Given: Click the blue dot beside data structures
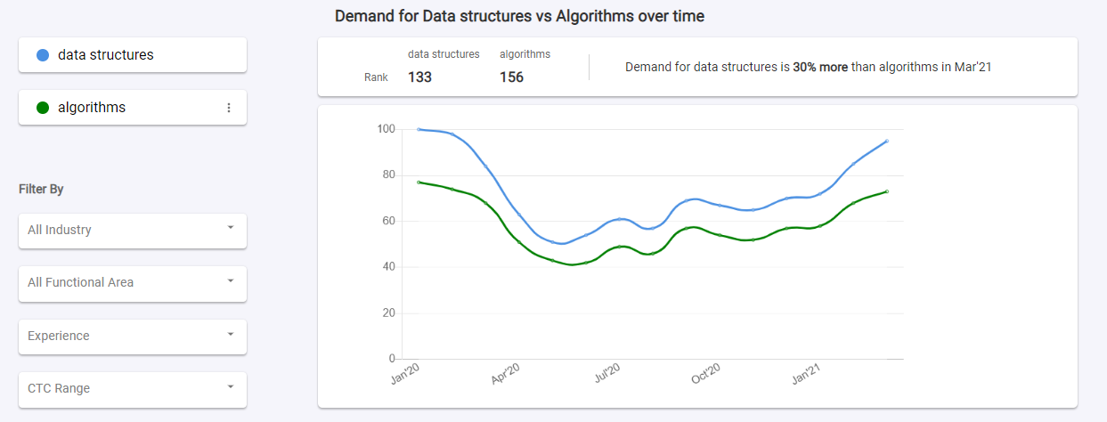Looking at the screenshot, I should tap(43, 55).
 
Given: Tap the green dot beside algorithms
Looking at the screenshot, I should tap(43, 108).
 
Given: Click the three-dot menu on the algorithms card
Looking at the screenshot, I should tap(228, 108).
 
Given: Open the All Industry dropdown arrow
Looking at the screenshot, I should tap(231, 228).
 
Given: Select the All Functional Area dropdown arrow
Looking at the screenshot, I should tap(231, 280).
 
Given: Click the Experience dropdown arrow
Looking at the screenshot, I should tap(231, 334).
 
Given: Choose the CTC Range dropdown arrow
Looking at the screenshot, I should tap(231, 386).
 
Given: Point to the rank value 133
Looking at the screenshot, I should tap(419, 77).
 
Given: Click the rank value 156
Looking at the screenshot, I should tap(511, 77).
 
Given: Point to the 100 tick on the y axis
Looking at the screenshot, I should tap(385, 129).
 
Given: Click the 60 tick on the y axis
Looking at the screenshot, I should tap(387, 221).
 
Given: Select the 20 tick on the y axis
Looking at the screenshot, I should tap(387, 313).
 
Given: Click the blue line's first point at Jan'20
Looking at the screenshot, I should tap(419, 129).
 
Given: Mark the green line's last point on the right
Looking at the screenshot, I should tap(887, 191).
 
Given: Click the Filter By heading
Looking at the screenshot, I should tap(41, 190).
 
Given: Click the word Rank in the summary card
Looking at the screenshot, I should tap(376, 77).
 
